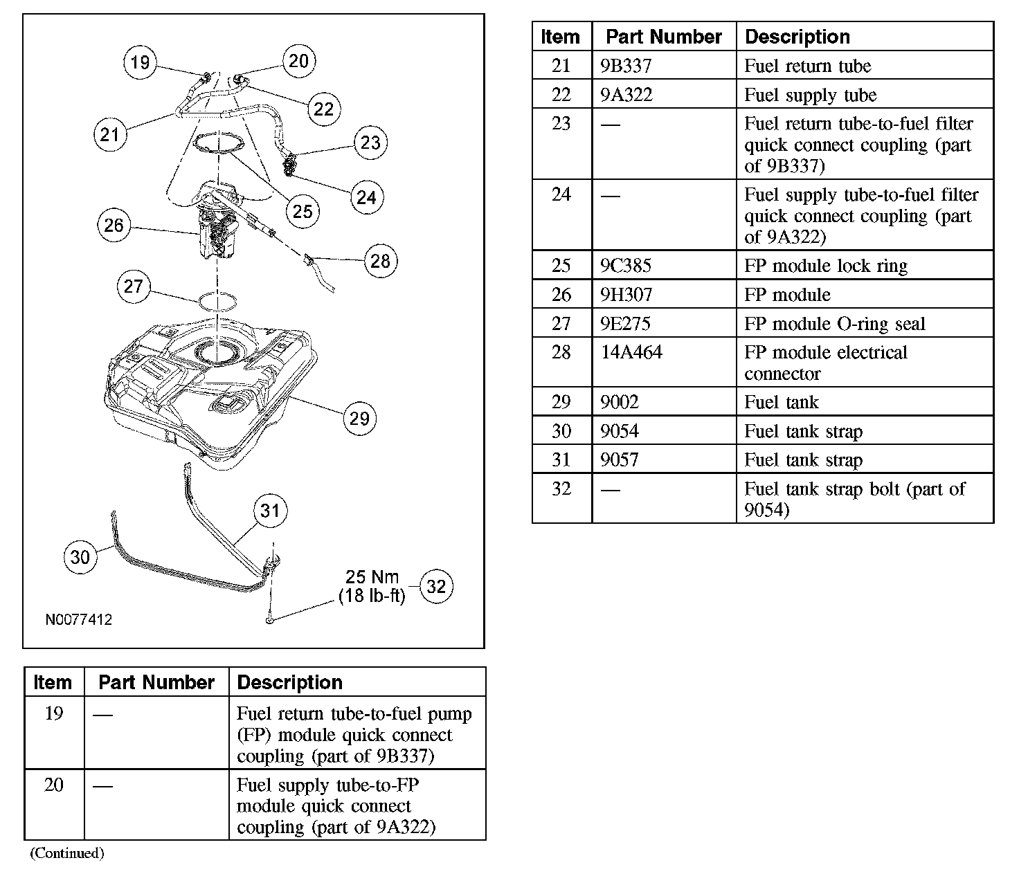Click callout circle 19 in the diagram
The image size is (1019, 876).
(140, 63)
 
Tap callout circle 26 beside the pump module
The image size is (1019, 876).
(114, 225)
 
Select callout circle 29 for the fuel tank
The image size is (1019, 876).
(359, 418)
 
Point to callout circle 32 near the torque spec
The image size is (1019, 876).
(436, 587)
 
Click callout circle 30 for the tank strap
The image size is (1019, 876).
(80, 557)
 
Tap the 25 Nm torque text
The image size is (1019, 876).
(372, 577)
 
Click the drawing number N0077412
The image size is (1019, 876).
(79, 619)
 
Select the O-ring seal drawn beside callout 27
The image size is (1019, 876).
(217, 302)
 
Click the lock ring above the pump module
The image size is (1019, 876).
(219, 143)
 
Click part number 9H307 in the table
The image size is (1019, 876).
(626, 295)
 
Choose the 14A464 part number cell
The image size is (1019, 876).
(631, 352)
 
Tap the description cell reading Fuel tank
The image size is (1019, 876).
(782, 402)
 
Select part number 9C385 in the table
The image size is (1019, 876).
(626, 266)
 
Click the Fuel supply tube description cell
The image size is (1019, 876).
(810, 95)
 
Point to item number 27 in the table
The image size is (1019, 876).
(561, 323)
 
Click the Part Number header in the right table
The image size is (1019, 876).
(663, 37)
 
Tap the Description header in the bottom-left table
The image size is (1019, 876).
(289, 682)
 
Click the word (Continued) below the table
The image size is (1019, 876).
(66, 853)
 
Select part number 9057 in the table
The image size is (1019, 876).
(620, 459)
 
